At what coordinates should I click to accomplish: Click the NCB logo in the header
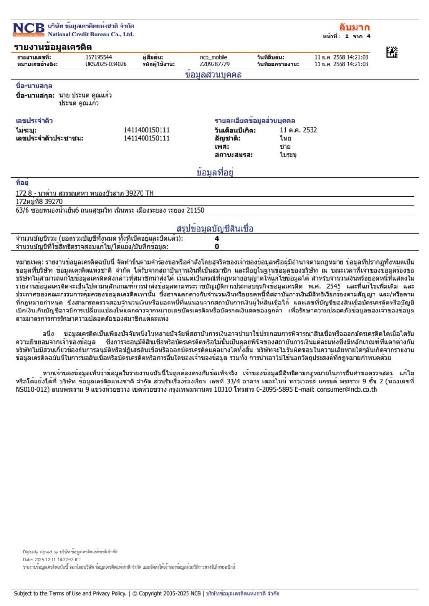pyautogui.click(x=28, y=30)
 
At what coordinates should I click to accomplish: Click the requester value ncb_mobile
pyautogui.click(x=214, y=58)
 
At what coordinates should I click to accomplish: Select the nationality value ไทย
pyautogui.click(x=285, y=138)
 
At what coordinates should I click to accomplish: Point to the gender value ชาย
pyautogui.click(x=285, y=147)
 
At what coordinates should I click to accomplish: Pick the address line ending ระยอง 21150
pyautogui.click(x=110, y=210)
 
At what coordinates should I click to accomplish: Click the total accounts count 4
pyautogui.click(x=217, y=239)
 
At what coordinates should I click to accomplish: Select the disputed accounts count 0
pyautogui.click(x=217, y=246)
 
